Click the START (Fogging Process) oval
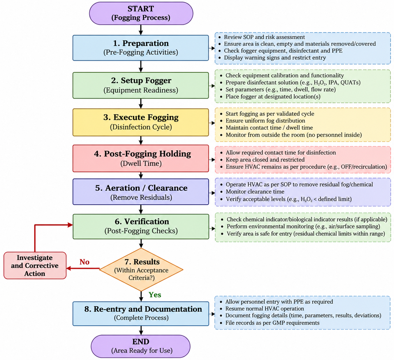pyautogui.click(x=141, y=13)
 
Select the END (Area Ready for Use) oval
pyautogui.click(x=141, y=346)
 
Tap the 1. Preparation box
pyautogui.click(x=141, y=48)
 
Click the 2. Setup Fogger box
pyautogui.click(x=141, y=85)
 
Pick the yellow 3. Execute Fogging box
pyautogui.click(x=141, y=122)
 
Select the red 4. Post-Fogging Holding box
pyautogui.click(x=141, y=158)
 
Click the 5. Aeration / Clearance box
pyautogui.click(x=141, y=192)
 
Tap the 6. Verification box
pyautogui.click(x=141, y=227)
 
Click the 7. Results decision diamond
pyautogui.click(x=141, y=270)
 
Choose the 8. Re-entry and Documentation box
pyautogui.click(x=141, y=313)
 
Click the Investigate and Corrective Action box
pyautogui.click(x=35, y=265)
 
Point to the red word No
pyautogui.click(x=84, y=262)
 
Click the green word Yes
pyautogui.click(x=155, y=295)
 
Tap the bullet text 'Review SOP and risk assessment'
pyautogui.click(x=264, y=37)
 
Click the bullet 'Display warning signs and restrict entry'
pyautogui.click(x=275, y=58)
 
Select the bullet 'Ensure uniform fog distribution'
pyautogui.click(x=265, y=121)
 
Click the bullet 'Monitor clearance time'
pyautogui.click(x=255, y=192)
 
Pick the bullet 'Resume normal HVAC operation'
pyautogui.click(x=265, y=308)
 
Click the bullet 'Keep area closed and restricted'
pyautogui.click(x=265, y=160)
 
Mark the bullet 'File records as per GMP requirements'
pyautogui.click(x=272, y=323)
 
